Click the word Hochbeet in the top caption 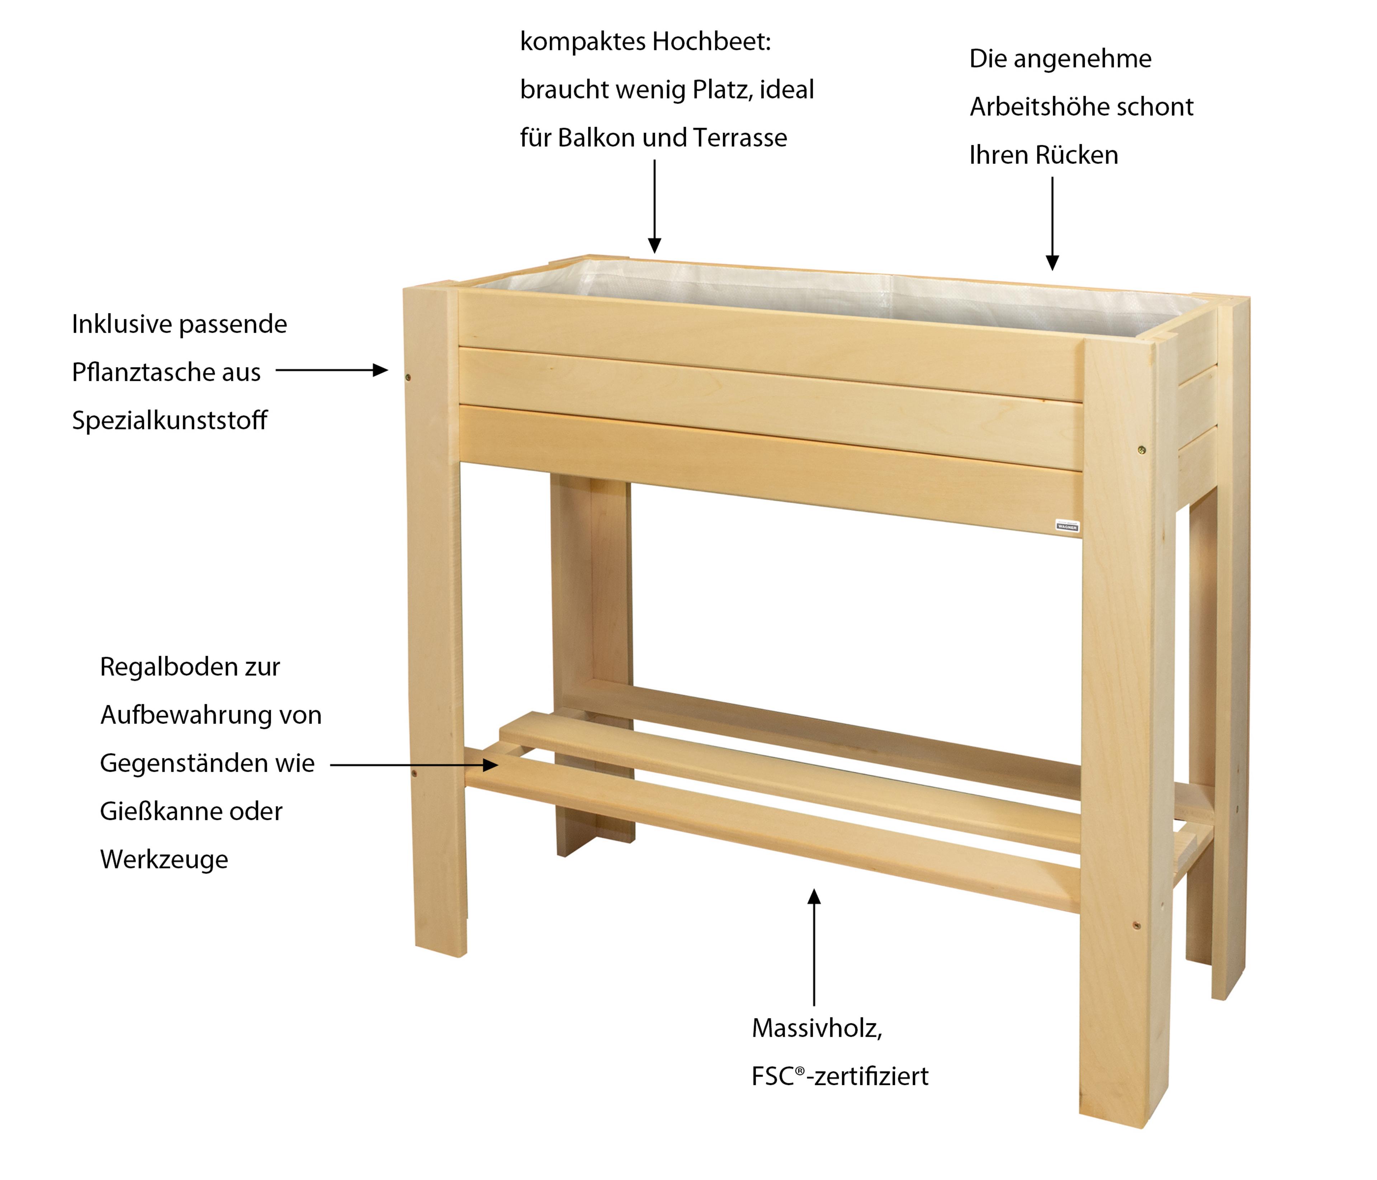point(711,42)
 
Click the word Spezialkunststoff point(170,421)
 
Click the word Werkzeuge point(164,860)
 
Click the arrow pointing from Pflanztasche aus point(332,370)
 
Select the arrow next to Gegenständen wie point(414,765)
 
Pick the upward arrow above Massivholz point(814,947)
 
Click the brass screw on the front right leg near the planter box point(1142,450)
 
